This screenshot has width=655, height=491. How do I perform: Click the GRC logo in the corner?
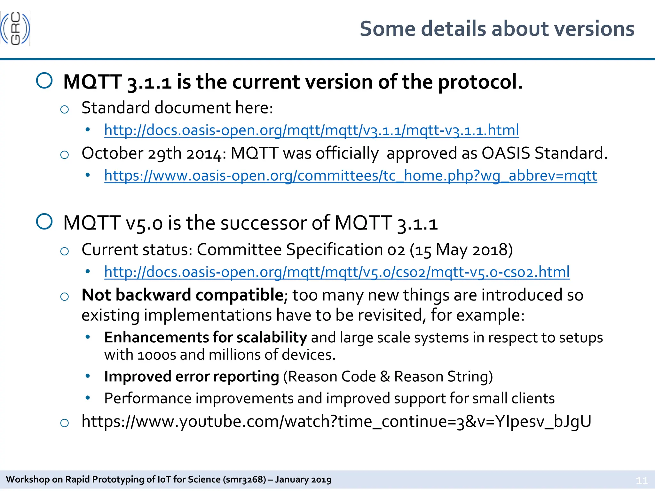[x=15, y=28]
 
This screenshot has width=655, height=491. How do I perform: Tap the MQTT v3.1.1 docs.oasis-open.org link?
[x=311, y=130]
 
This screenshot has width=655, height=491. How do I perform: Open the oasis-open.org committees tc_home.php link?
[x=350, y=175]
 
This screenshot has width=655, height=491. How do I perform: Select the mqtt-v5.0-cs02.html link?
[x=336, y=272]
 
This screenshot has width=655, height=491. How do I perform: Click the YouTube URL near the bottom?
[x=336, y=421]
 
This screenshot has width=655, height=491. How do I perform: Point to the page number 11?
[x=642, y=480]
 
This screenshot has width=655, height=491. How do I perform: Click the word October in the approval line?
[x=112, y=153]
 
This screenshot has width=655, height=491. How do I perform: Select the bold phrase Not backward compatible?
[x=182, y=295]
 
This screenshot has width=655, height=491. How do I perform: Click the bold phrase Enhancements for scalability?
[x=205, y=338]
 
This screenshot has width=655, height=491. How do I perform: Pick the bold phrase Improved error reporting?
[x=191, y=377]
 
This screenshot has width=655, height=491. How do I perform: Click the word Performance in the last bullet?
[x=148, y=398]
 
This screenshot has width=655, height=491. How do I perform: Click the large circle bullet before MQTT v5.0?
[x=44, y=222]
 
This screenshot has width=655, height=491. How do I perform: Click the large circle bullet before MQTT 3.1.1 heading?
[x=44, y=81]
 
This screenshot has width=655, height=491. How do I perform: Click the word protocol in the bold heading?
[x=480, y=82]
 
